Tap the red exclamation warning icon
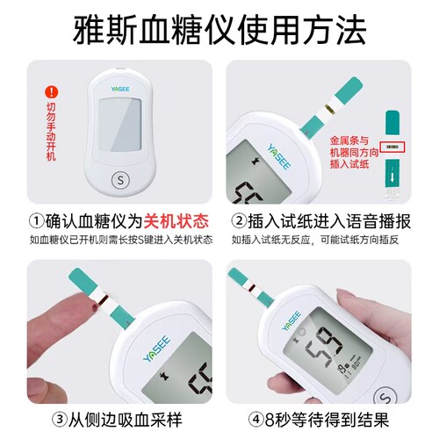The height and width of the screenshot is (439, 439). click(x=52, y=90)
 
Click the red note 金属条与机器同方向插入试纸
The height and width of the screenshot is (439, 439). click(x=353, y=152)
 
